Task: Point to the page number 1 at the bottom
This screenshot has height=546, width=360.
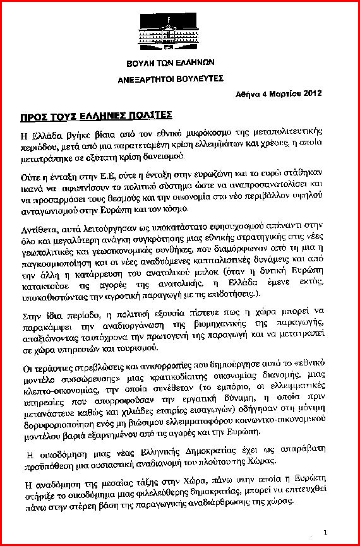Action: click(x=324, y=532)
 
